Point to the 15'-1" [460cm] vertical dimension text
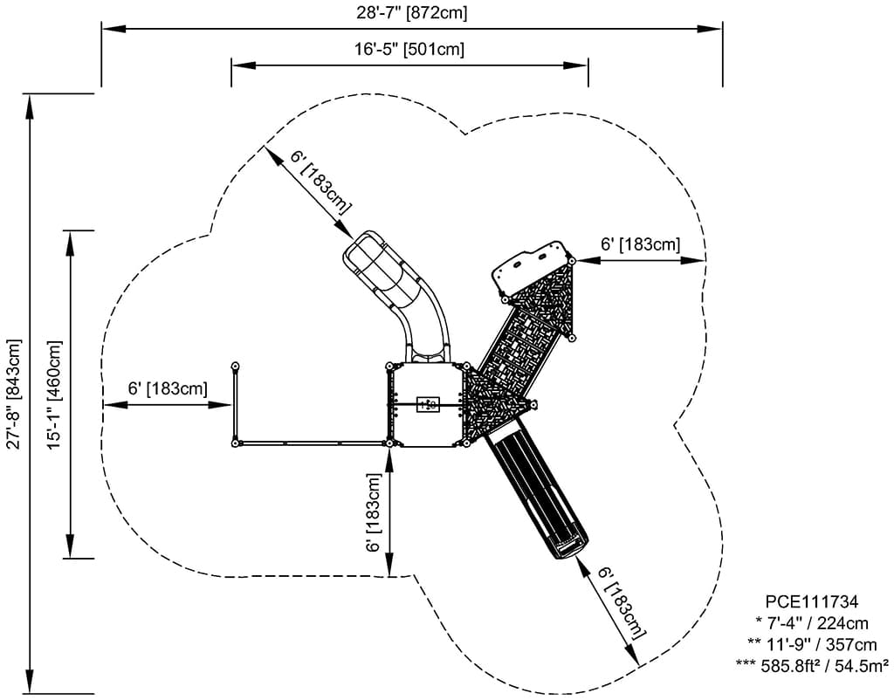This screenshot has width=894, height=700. tap(55, 394)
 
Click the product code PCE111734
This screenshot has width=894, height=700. tap(811, 601)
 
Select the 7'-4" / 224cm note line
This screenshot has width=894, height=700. tap(811, 623)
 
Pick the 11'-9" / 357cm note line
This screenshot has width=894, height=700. tap(811, 645)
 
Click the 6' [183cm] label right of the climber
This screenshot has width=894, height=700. tap(640, 244)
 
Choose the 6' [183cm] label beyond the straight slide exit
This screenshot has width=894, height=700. tap(622, 602)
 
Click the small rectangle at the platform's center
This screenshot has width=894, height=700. tap(428, 404)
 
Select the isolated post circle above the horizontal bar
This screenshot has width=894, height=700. tap(235, 366)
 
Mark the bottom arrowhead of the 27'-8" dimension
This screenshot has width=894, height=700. tap(31, 684)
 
